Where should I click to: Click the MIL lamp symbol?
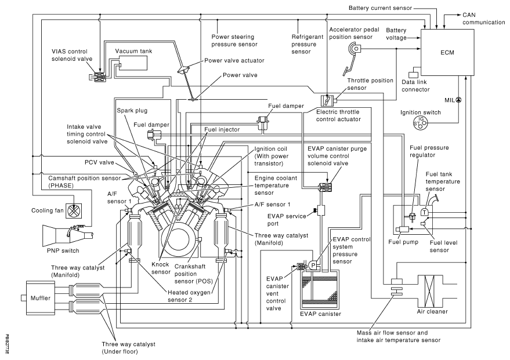(458, 100)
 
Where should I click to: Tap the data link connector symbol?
(414, 74)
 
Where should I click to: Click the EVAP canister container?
(320, 286)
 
